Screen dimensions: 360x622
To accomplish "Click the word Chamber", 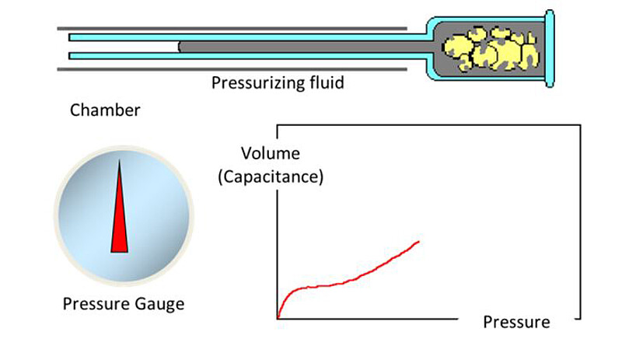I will click(105, 110).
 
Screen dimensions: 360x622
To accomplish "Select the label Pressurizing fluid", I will click(278, 82).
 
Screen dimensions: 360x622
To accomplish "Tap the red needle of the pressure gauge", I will click(120, 218).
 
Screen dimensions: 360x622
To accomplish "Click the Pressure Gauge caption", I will click(124, 303).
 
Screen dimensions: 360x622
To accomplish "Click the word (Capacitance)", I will click(270, 177).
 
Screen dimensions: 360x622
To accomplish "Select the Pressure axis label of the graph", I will click(516, 322).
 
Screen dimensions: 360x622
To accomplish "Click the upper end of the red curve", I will click(419, 242).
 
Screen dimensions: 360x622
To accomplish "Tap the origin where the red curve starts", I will click(278, 318).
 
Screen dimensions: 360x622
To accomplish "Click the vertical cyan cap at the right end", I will click(549, 48).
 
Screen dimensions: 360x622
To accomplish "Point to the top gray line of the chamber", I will click(233, 28).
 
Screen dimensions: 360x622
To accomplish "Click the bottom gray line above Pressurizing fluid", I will click(233, 68).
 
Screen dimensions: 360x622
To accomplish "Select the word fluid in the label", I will click(325, 82).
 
